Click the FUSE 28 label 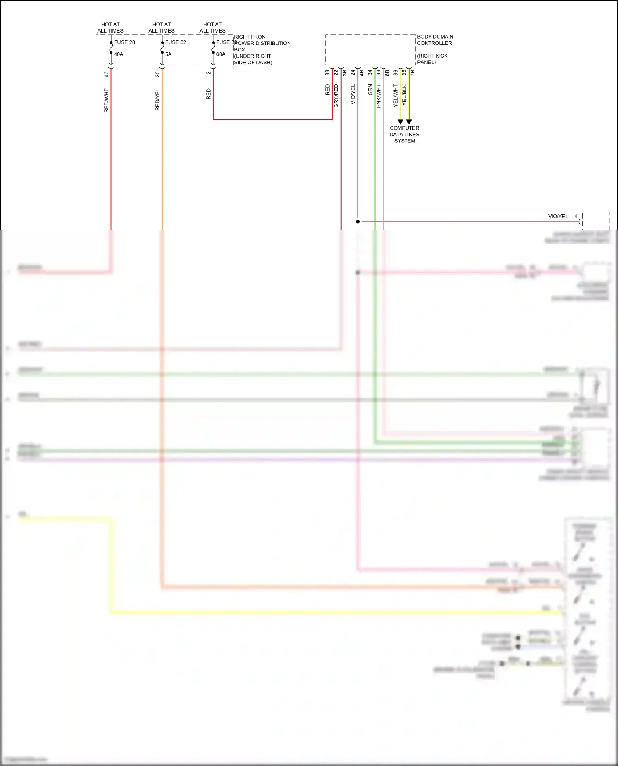point(124,42)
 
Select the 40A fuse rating point(119,54)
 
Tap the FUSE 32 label point(176,42)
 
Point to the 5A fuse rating point(168,54)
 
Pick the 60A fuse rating point(221,54)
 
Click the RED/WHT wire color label point(106,100)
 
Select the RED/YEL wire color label point(157,100)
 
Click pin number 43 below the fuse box point(106,74)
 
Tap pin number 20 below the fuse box point(157,74)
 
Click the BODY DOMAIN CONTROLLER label point(435,40)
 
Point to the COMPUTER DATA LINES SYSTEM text point(405,135)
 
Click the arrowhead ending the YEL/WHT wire point(400,122)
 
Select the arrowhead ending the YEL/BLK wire point(409,122)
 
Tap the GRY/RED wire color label point(336,96)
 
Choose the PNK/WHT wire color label point(379,96)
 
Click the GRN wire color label point(370,90)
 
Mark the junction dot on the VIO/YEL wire point(358,221)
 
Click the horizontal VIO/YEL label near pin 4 point(558,217)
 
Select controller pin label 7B point(413,73)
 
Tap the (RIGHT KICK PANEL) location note point(432,59)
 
